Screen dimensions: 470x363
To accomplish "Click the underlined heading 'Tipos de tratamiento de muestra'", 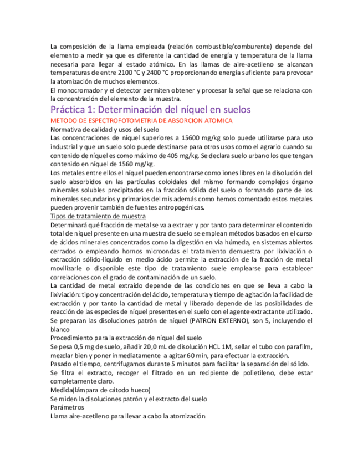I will [98, 216].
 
